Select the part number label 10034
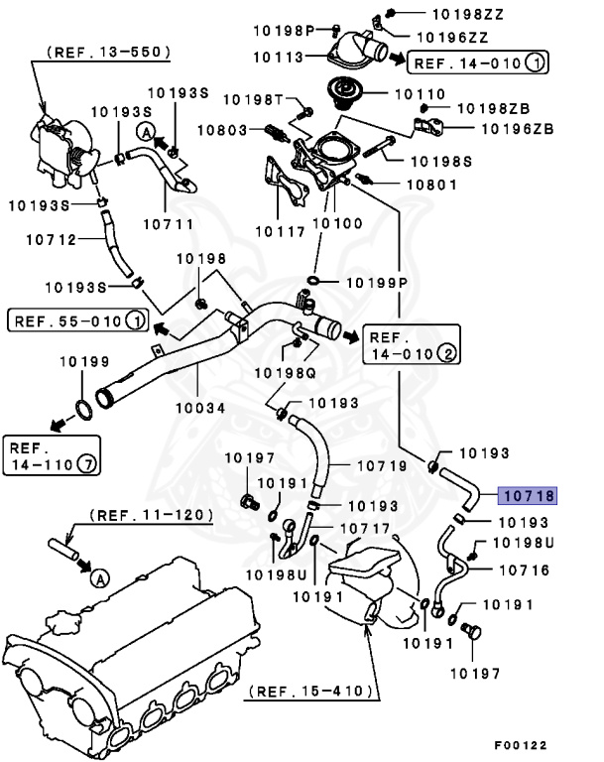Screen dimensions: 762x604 tap(201, 407)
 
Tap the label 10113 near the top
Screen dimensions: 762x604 tap(278, 58)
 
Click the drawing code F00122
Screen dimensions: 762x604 tap(521, 745)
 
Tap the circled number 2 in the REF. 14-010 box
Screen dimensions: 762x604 tap(447, 352)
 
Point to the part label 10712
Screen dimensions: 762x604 tap(50, 238)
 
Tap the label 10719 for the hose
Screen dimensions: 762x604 tap(381, 464)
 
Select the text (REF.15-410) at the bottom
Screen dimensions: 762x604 tap(310, 691)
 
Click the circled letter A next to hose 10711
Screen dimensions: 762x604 tap(145, 132)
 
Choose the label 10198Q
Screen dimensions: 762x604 tap(285, 372)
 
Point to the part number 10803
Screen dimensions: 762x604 tap(223, 130)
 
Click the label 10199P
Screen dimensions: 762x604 tap(377, 283)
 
